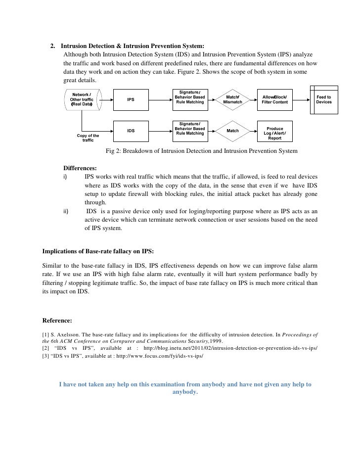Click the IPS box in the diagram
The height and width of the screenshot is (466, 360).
tap(131, 100)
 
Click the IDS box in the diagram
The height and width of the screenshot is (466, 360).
tap(131, 131)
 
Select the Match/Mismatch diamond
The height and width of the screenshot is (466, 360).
tap(232, 100)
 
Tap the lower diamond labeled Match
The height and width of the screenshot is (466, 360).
tap(232, 131)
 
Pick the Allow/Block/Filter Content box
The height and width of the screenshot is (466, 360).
tap(274, 100)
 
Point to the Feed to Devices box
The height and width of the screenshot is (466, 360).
tap(324, 100)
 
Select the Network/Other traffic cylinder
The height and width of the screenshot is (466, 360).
tap(82, 100)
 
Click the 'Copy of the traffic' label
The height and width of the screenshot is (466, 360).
tap(88, 138)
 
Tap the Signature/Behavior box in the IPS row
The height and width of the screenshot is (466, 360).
tap(190, 100)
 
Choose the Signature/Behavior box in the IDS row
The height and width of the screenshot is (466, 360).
tap(190, 131)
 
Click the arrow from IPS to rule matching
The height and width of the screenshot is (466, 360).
tap(159, 100)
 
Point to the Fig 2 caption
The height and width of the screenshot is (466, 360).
tap(202, 151)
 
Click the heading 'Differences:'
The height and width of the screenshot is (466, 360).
tap(80, 168)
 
